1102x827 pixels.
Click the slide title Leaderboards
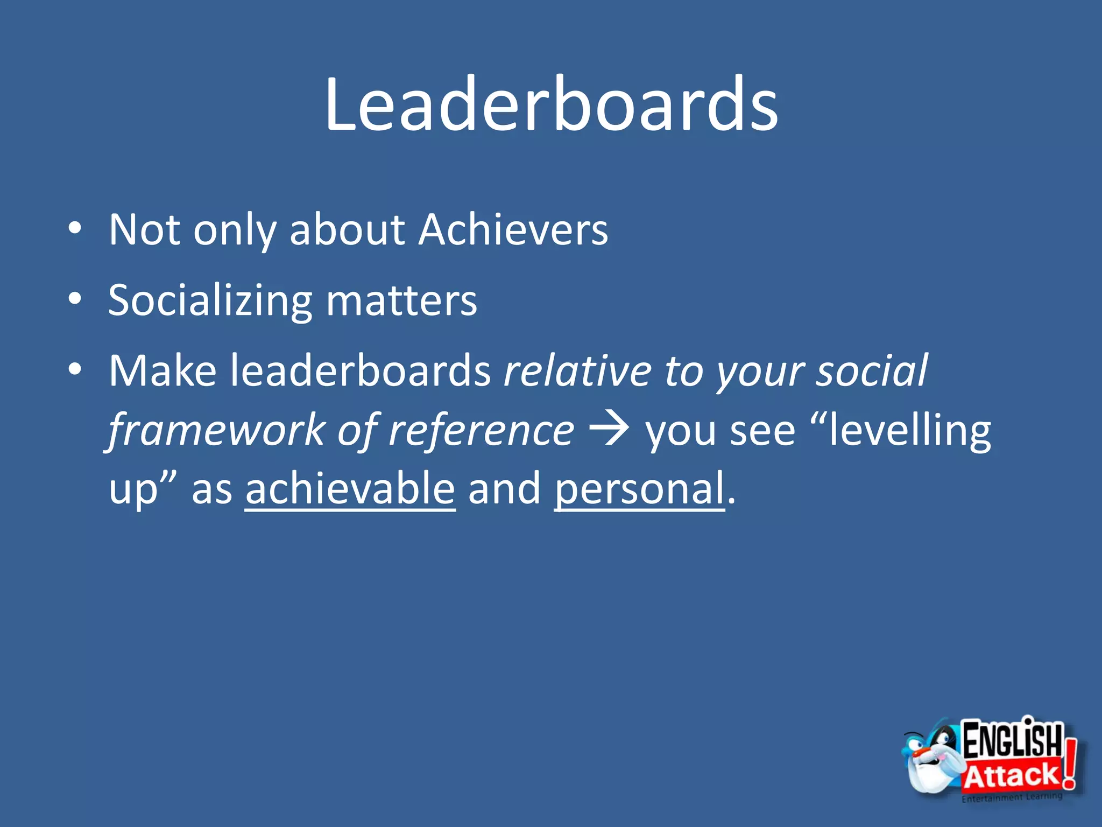click(x=551, y=105)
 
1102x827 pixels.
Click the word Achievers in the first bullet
click(x=514, y=230)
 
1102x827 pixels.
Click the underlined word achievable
click(x=350, y=488)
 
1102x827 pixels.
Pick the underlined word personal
click(x=639, y=488)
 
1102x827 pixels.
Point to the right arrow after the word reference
click(x=610, y=429)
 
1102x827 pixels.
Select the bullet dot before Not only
click(x=75, y=229)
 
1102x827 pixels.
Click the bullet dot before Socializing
click(x=75, y=298)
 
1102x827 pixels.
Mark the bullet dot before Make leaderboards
click(x=75, y=369)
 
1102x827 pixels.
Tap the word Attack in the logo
click(x=1011, y=776)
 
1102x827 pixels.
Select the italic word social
click(x=872, y=372)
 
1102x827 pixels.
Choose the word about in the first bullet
click(x=347, y=230)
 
